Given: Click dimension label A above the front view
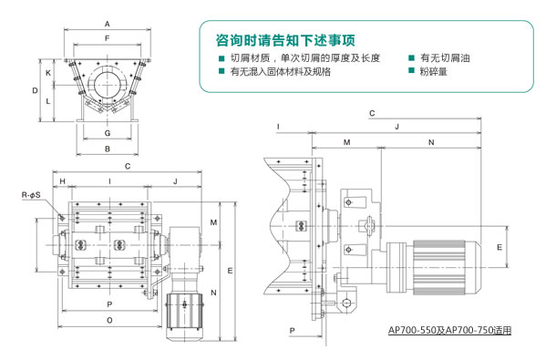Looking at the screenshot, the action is pos(107,24).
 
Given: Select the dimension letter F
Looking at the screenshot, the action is pos(107,38).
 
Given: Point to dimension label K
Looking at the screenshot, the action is pos(48,73).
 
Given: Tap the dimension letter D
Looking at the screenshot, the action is pos(35,91).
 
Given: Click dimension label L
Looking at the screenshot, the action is pos(48,101).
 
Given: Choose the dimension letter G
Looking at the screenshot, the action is pos(108,133).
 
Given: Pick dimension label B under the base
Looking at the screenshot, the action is pos(108,149).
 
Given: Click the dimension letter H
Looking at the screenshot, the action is pos(62,181).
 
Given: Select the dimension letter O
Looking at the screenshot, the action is pos(109,320).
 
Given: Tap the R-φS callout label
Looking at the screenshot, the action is pos(31,195).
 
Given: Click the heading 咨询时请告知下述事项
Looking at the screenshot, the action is pos(285,40).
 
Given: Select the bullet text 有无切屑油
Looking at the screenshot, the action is pos(445,57).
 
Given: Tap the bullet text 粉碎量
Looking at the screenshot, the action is pos(433,72).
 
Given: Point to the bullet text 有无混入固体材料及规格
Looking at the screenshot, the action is pos(281,72).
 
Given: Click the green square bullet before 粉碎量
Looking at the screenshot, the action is pos(411,70).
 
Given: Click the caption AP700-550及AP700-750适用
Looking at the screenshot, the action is pos(449,331).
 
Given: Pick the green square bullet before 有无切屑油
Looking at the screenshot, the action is pos(411,57).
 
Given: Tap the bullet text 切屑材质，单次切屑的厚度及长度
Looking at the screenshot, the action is pos(305,57).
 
